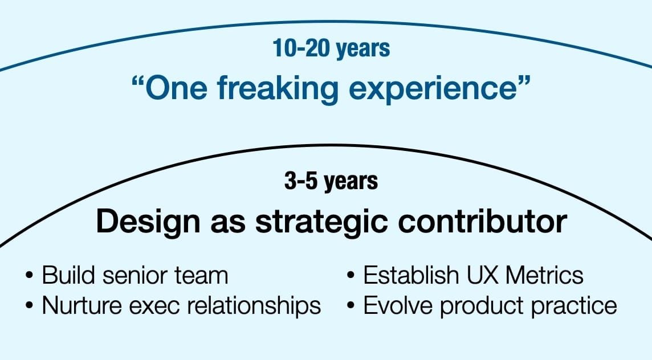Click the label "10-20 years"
click(x=331, y=48)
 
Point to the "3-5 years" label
click(x=331, y=181)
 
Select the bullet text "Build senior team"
click(x=135, y=276)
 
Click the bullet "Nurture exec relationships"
click(x=181, y=306)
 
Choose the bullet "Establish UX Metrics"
click(x=473, y=276)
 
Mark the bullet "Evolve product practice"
click(x=490, y=306)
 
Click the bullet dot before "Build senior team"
click(x=29, y=277)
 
